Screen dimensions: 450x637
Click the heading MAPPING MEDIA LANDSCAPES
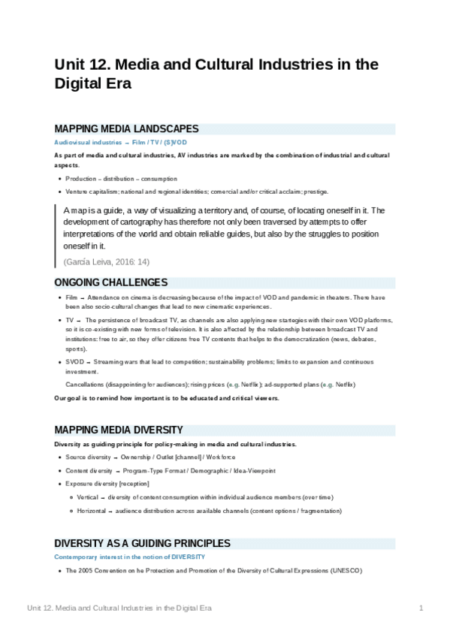pos(126,129)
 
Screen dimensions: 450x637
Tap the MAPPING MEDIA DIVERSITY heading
pos(118,430)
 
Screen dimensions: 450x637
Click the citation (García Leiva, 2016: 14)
pos(107,261)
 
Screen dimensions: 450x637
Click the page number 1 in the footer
pos(421,607)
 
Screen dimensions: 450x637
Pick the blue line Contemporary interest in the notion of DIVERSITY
pos(129,557)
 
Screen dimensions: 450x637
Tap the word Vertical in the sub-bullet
pos(87,497)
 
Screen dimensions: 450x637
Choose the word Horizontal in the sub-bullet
pos(91,511)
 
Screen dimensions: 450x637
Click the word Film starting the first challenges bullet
pos(71,298)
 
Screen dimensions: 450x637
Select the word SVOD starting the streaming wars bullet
pos(74,362)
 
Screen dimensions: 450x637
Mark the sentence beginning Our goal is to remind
pos(166,397)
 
